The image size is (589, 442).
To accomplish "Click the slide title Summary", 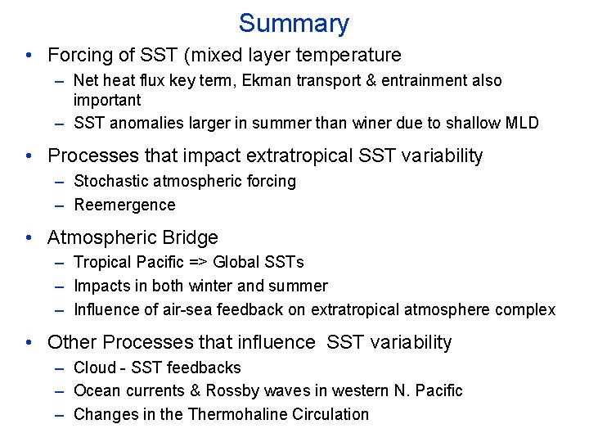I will (294, 23).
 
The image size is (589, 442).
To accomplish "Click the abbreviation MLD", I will (521, 124).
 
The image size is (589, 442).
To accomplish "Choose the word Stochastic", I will (109, 181).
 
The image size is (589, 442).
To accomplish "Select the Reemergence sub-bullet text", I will (124, 205).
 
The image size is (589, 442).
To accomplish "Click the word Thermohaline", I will (236, 414).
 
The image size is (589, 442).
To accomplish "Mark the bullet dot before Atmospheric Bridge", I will (29, 239).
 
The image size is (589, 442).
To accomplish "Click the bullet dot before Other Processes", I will (29, 343).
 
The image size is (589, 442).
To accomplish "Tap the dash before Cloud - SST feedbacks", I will (60, 368).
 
